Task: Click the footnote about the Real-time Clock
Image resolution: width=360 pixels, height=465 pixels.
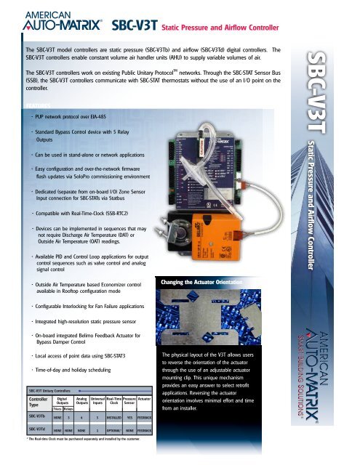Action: [87, 440]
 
